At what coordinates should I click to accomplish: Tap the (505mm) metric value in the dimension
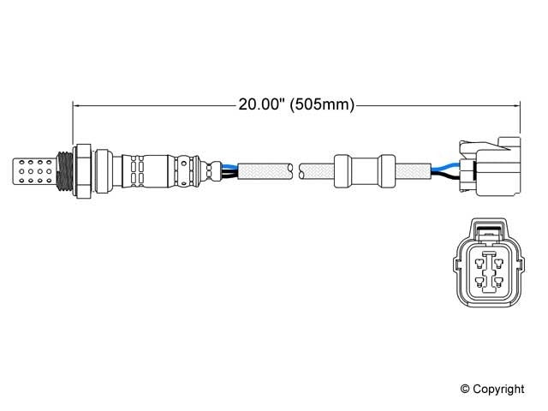[x=320, y=106]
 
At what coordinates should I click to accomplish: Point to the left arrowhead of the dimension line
[x=78, y=106]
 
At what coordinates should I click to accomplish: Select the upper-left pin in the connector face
[x=478, y=259]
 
